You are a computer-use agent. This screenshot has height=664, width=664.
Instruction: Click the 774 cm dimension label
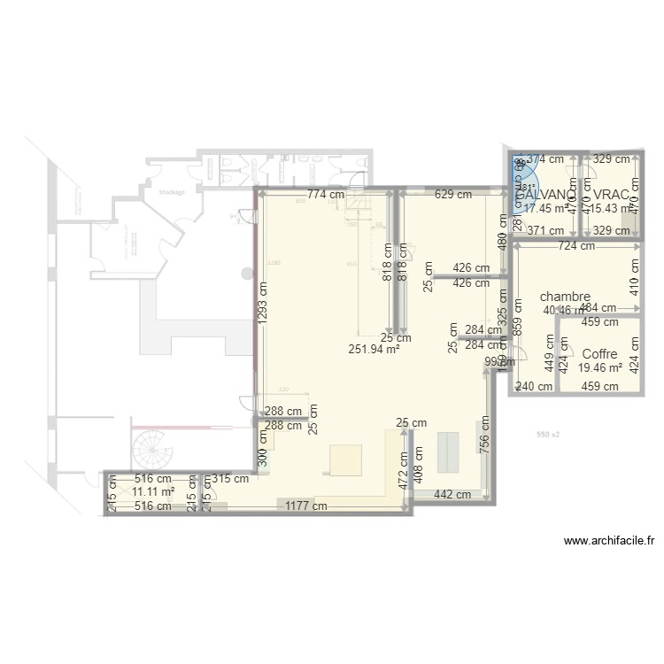coord(327,194)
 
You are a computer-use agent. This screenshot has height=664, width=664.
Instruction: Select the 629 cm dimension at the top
coord(452,194)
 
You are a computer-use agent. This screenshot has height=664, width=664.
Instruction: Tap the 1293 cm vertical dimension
coord(262,304)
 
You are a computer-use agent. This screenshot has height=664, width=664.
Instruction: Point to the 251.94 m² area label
coord(374,349)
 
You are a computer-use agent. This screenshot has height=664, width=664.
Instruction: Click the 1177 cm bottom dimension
coord(305,506)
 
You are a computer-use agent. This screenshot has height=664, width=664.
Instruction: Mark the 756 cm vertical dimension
coord(485,435)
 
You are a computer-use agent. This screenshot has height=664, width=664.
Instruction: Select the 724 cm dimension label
coord(576,246)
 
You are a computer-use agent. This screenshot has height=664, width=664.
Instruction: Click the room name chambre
coord(565,297)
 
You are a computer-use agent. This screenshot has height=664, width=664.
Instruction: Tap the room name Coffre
coord(599,353)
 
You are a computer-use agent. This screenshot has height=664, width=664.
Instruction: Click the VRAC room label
coord(612,195)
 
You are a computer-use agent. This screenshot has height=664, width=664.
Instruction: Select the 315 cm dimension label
coord(231,479)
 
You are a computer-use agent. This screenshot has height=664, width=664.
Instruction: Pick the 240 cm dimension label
coord(535,386)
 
